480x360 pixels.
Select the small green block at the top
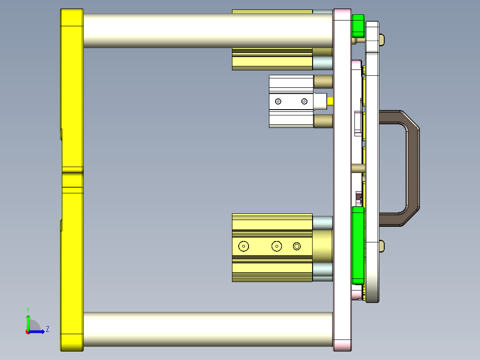pos(358,26)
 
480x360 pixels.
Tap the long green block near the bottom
pos(358,245)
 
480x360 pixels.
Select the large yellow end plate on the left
pos(72,178)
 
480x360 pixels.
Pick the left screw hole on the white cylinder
pos(278,102)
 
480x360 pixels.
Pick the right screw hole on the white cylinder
pos(305,102)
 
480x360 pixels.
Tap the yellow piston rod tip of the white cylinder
pos(330,101)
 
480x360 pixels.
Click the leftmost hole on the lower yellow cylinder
pos(244,246)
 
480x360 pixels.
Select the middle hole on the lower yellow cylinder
pos(277,246)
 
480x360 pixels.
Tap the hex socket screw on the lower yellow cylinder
pos(297,246)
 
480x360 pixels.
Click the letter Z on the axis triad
pos(47,329)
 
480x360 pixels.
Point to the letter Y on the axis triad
pos(28,309)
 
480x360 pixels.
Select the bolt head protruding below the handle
pos(382,245)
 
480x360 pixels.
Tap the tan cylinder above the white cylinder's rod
pos(323,82)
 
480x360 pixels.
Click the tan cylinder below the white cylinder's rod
pos(323,121)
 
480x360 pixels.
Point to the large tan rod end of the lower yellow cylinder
pos(323,246)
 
